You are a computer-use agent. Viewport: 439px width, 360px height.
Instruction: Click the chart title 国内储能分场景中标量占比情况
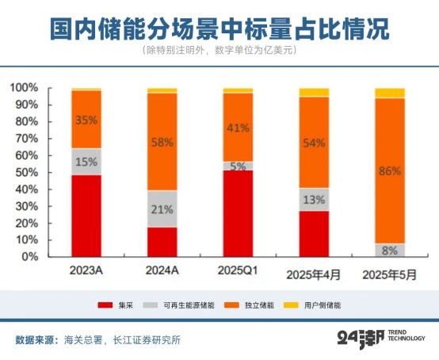[x=219, y=29]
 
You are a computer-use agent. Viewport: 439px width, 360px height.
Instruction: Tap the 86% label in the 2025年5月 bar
[x=390, y=170]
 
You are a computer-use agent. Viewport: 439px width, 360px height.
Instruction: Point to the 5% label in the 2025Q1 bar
[x=238, y=167]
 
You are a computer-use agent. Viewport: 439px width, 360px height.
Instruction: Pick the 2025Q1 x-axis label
[x=238, y=270]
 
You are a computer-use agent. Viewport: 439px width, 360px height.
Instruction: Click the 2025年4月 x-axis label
[x=313, y=274]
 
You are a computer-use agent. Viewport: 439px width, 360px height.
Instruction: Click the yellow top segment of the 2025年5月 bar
[x=390, y=93]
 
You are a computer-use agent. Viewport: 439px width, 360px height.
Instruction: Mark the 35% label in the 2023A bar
[x=86, y=121]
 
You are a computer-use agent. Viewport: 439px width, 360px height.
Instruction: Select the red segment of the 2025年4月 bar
[x=314, y=233]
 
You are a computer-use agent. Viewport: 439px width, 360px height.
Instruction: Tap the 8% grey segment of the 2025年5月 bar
[x=390, y=250]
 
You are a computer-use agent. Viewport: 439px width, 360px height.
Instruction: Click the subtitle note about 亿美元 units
[x=219, y=51]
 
